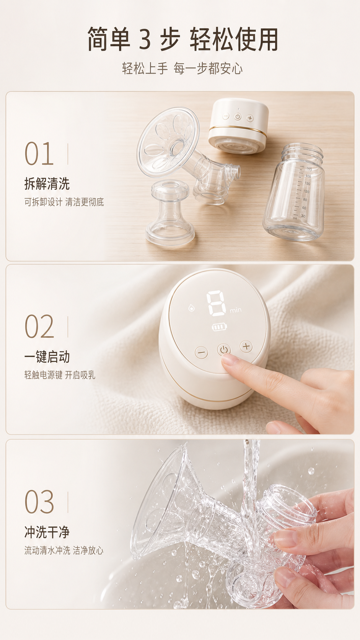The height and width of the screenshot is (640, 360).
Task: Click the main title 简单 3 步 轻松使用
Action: [x=183, y=39]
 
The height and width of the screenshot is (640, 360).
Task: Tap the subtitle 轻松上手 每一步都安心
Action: [x=182, y=69]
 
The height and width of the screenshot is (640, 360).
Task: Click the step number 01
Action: [x=39, y=154]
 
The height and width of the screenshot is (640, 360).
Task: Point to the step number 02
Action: [x=39, y=327]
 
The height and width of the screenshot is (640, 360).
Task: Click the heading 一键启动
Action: [x=47, y=357]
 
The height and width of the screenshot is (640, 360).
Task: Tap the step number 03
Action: [x=39, y=502]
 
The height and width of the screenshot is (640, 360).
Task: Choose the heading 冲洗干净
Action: [x=47, y=532]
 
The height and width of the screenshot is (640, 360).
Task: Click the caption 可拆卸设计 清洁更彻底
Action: [x=64, y=202]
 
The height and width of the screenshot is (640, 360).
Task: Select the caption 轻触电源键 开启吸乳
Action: [x=60, y=375]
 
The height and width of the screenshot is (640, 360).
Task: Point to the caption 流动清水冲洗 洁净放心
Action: [x=64, y=550]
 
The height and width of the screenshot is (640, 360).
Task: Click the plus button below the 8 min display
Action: [x=246, y=347]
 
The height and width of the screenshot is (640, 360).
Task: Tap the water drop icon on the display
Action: [x=191, y=308]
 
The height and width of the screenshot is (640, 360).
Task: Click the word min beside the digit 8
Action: [x=236, y=310]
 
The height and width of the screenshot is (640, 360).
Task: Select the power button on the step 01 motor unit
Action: [x=238, y=117]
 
